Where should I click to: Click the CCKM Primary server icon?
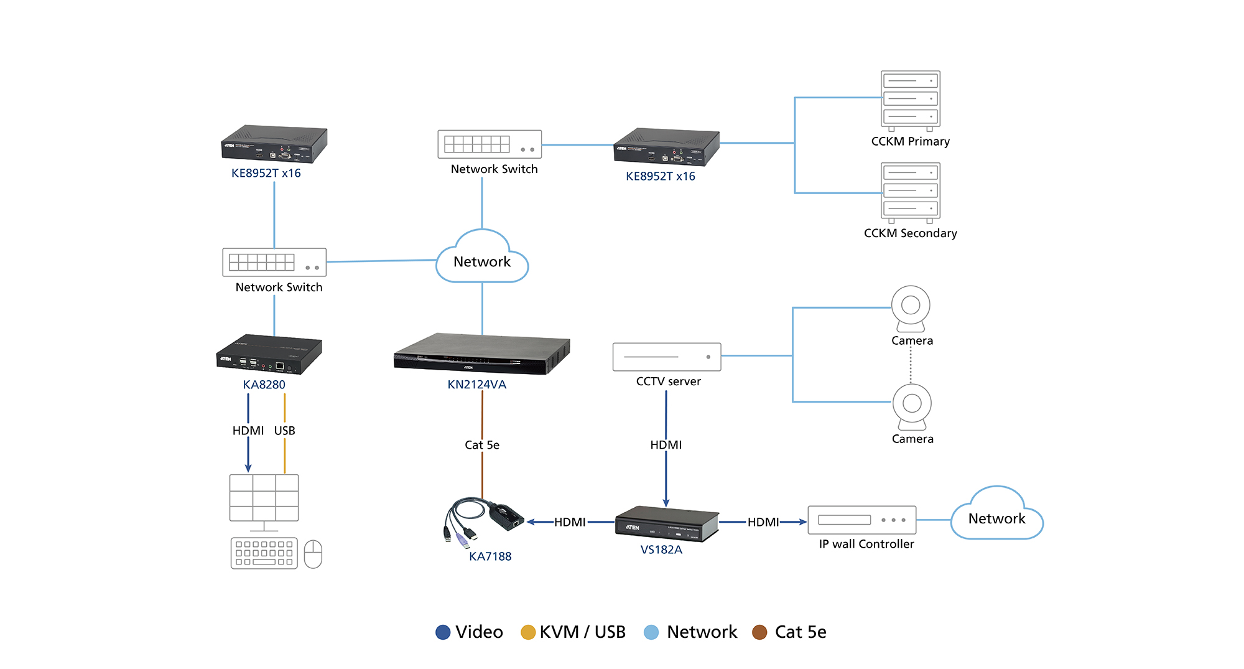[x=910, y=100]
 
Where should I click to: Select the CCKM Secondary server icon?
[x=910, y=192]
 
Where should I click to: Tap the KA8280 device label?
[x=264, y=385]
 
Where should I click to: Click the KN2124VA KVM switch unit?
[x=481, y=355]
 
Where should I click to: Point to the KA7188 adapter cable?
[x=485, y=520]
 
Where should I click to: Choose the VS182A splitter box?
[x=666, y=523]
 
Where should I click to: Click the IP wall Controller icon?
[x=861, y=520]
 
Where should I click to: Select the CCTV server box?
[x=666, y=357]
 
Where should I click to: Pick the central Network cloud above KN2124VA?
[x=482, y=259]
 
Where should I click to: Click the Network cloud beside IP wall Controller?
[x=996, y=515]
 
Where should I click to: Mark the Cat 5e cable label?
[x=482, y=445]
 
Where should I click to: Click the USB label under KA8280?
[x=284, y=431]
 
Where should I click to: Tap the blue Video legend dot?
[x=443, y=632]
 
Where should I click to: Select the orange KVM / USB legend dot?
[x=528, y=632]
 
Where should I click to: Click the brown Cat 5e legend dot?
[x=759, y=632]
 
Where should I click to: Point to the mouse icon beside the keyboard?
[x=313, y=554]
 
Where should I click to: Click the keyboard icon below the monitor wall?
[x=264, y=553]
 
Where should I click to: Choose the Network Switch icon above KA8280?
[x=274, y=262]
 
